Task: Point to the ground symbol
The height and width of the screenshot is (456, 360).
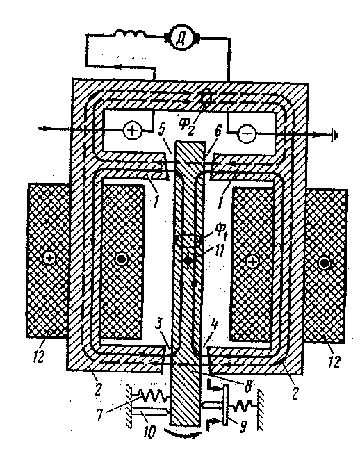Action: click(x=335, y=135)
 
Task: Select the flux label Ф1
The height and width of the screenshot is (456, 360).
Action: click(x=221, y=231)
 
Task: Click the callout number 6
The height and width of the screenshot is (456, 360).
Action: click(x=218, y=131)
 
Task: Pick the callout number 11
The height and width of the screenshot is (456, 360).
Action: click(x=218, y=250)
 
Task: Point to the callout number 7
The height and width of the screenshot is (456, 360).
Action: click(x=100, y=414)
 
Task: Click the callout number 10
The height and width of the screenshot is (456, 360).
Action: click(x=151, y=431)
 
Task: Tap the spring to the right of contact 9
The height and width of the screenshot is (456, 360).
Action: click(x=241, y=405)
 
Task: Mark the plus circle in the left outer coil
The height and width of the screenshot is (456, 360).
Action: click(x=49, y=259)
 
